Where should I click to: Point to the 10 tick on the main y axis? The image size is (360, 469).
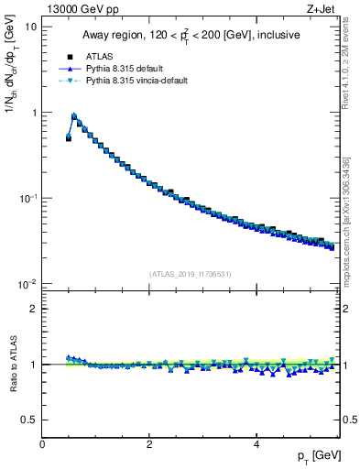pyautogui.click(x=30, y=27)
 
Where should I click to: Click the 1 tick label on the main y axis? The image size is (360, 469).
pyautogui.click(x=33, y=113)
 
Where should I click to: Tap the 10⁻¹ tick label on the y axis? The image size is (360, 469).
pyautogui.click(x=28, y=198)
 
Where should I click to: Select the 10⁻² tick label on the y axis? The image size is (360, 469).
pyautogui.click(x=28, y=284)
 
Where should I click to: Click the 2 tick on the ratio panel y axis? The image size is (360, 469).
pyautogui.click(x=33, y=309)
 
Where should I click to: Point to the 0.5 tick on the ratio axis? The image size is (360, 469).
pyautogui.click(x=29, y=420)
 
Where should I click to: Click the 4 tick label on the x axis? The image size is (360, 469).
pyautogui.click(x=256, y=444)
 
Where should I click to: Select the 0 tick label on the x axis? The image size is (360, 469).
pyautogui.click(x=42, y=444)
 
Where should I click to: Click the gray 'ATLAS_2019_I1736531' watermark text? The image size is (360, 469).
pyautogui.click(x=191, y=274)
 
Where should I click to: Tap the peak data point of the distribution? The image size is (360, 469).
pyautogui.click(x=74, y=116)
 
